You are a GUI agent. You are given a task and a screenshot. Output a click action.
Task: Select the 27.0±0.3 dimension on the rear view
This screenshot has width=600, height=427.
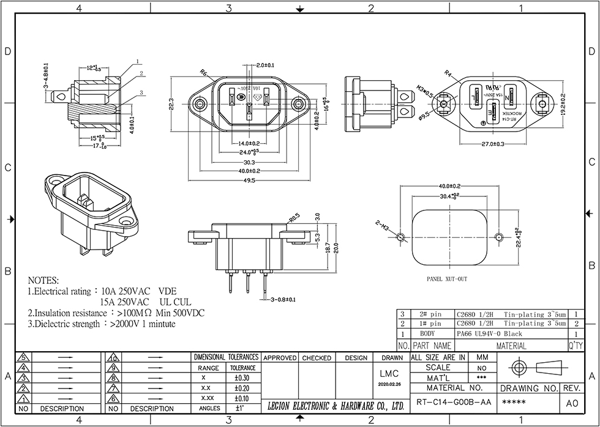493,144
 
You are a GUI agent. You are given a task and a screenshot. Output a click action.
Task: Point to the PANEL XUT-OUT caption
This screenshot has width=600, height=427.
447,278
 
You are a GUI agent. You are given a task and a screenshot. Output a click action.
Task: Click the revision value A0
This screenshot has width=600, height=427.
571,403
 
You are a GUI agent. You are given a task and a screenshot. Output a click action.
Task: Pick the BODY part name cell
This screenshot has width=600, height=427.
427,334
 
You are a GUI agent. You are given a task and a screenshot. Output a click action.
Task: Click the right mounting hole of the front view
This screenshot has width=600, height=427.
298,105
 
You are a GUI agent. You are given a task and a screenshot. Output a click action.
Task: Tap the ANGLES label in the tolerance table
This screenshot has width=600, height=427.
210,407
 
